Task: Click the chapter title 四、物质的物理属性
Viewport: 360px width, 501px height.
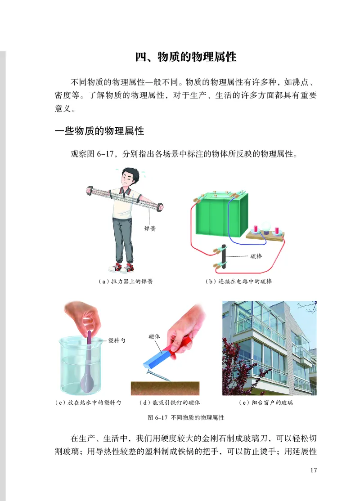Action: [x=186, y=57]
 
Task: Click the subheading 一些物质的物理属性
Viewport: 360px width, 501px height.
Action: [x=99, y=131]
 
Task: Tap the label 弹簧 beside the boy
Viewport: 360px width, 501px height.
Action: [x=149, y=228]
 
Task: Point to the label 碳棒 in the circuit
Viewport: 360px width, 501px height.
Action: [x=256, y=256]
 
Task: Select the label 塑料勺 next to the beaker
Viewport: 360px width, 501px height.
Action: [x=117, y=340]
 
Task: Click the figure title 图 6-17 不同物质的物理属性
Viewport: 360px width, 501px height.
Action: [x=186, y=417]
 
